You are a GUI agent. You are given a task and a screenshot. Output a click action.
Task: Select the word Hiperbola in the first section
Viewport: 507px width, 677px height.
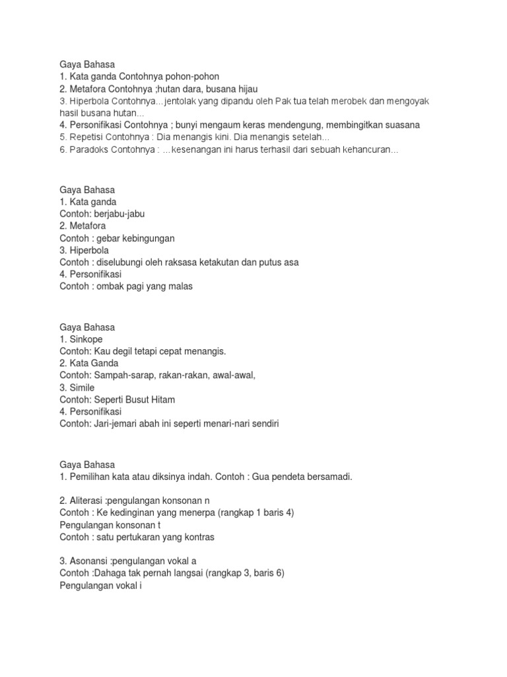(87, 100)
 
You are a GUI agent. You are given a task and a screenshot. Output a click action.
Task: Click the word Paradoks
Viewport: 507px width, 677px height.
(86, 149)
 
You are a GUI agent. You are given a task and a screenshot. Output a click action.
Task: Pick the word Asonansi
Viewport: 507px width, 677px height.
(87, 561)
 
